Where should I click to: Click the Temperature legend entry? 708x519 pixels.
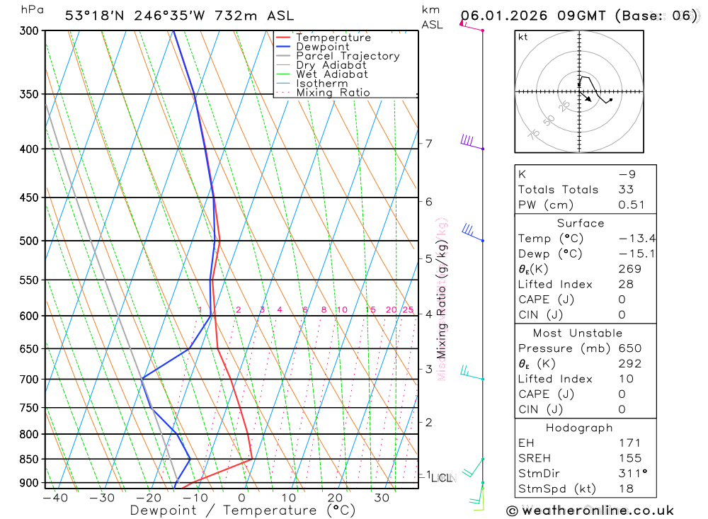click(x=333, y=38)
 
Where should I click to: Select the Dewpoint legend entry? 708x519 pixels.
click(x=323, y=47)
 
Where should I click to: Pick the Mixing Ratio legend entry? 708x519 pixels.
click(x=333, y=93)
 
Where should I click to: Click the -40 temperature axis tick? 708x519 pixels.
click(x=55, y=498)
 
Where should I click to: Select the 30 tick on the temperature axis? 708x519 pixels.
click(x=382, y=498)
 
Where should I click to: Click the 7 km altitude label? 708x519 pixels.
click(x=429, y=144)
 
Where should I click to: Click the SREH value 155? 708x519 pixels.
click(x=625, y=459)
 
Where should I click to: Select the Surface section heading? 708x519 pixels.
click(x=581, y=223)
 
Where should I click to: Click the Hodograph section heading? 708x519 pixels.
click(x=580, y=428)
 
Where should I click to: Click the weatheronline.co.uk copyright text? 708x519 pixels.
click(x=590, y=511)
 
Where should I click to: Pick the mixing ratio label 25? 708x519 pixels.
click(x=408, y=310)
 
